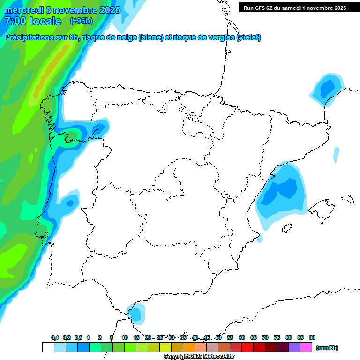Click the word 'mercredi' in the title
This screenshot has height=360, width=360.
point(23,10)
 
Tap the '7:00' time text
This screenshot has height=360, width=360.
point(15,21)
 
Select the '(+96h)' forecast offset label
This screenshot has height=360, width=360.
point(81,21)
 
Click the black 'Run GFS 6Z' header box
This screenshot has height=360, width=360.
point(293,7)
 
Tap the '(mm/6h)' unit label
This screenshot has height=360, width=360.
point(327,348)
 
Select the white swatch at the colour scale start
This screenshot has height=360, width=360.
point(48,347)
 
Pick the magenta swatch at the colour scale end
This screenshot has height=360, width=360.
point(306,347)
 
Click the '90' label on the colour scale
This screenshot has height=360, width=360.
point(312,337)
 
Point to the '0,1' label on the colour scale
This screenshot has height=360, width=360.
point(55,337)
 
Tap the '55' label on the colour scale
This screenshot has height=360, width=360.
point(230,337)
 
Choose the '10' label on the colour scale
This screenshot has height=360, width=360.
point(125,337)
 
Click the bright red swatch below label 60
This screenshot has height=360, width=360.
point(247,347)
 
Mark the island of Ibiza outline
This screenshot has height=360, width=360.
point(287,228)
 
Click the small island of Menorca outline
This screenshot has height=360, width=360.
point(347,199)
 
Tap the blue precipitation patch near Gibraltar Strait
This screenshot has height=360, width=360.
point(137,313)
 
